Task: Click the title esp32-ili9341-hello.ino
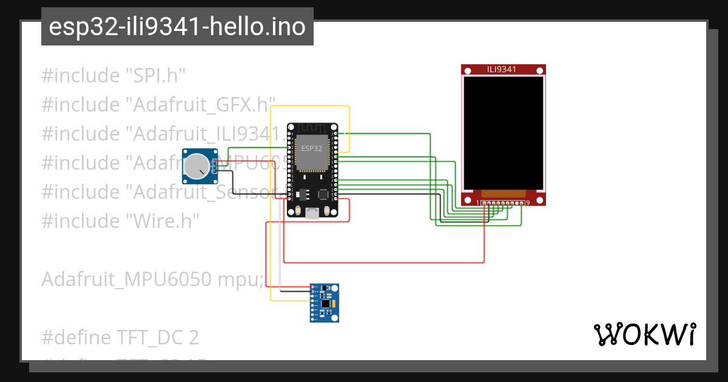pos(177,27)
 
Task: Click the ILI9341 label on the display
pos(502,69)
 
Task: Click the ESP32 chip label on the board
pos(311,147)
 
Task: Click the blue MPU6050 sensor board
pos(324,303)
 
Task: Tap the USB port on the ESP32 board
pos(312,212)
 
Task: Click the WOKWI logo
pos(644,334)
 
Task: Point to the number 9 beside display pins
pos(528,203)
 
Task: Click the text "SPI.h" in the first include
pos(155,76)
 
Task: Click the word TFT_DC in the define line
pos(150,337)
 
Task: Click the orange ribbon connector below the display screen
pos(503,193)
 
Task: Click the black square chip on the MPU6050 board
pos(326,302)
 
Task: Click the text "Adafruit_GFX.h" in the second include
pos(200,106)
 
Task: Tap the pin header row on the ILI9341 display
pos(502,203)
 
